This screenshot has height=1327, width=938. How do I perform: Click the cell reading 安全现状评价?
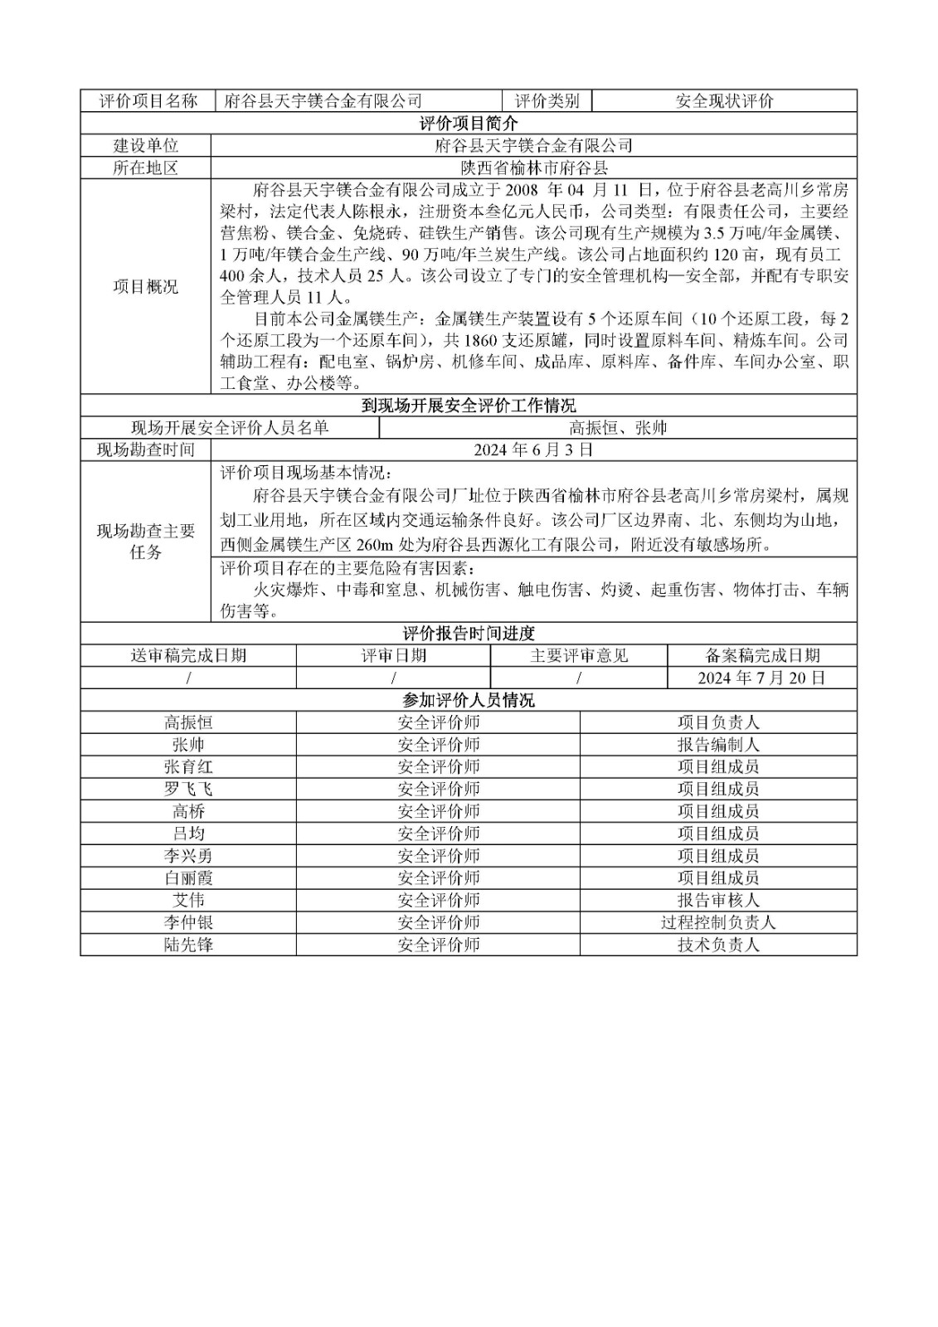(x=724, y=101)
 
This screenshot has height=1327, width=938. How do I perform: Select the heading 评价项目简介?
(x=468, y=124)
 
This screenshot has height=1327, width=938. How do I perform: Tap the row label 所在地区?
(x=146, y=168)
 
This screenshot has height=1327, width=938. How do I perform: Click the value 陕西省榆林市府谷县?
(x=534, y=168)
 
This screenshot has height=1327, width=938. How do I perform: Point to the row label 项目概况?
(x=146, y=287)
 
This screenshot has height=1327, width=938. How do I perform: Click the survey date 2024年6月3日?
(x=534, y=450)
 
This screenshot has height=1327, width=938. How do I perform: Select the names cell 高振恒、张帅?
(x=618, y=428)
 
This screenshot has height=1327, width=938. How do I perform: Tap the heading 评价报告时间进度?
(x=468, y=634)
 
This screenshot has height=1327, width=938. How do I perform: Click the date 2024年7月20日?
(x=761, y=678)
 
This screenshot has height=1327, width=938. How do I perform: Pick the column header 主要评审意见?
(x=579, y=655)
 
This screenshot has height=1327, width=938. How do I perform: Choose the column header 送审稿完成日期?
(x=188, y=655)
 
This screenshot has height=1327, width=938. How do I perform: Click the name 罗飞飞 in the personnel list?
(x=188, y=789)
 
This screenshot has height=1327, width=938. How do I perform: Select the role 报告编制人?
(x=718, y=745)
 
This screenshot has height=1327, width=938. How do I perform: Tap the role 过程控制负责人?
(x=718, y=922)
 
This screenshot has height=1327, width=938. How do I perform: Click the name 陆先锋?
(x=188, y=945)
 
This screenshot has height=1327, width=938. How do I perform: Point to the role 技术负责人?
(x=718, y=945)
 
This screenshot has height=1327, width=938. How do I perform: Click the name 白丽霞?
(x=188, y=877)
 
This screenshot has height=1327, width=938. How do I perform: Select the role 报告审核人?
(x=718, y=900)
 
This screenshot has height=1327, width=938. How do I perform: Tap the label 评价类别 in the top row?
(x=547, y=101)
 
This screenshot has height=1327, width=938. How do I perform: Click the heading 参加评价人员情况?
(x=468, y=700)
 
